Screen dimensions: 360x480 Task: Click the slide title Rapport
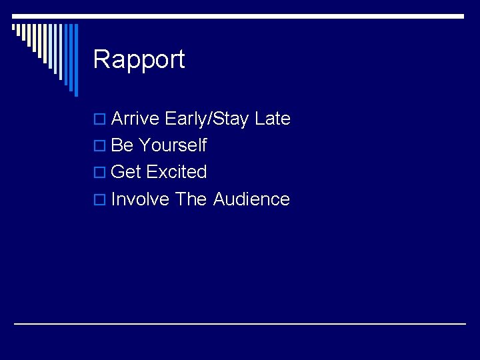coord(139,59)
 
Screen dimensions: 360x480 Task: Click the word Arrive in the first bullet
coord(135,119)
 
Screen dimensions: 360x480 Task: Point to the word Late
coord(273,119)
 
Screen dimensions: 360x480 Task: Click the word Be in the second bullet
coord(122,145)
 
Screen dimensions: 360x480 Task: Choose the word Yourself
coord(173,145)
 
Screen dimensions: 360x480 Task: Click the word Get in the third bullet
coord(126,172)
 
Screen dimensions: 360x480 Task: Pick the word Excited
coord(177,172)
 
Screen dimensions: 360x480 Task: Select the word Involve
coord(140,199)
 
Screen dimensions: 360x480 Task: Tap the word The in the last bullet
coord(191,199)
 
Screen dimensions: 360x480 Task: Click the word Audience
coord(251,199)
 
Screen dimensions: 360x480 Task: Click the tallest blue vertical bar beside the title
coord(75,60)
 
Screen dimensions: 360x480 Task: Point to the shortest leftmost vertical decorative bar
coord(13,29)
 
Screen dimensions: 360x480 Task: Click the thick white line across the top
coord(267,16)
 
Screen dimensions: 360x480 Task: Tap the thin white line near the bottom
coord(240,323)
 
